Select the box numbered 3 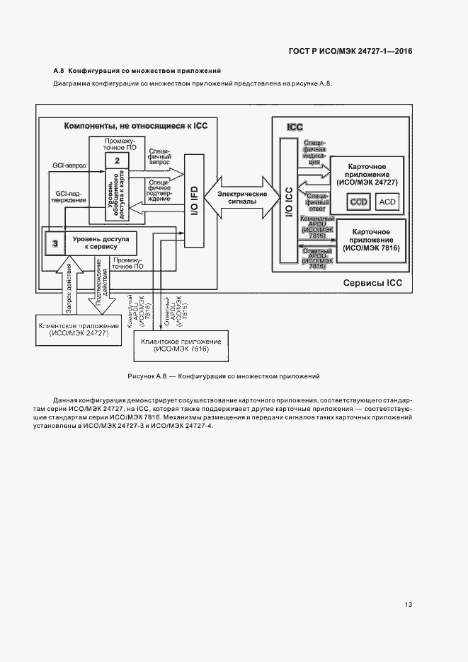54,244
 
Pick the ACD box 387,202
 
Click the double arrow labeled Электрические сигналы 241,197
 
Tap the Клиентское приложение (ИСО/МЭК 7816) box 181,346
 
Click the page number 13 409,605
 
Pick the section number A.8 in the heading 59,71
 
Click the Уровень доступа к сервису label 100,244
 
